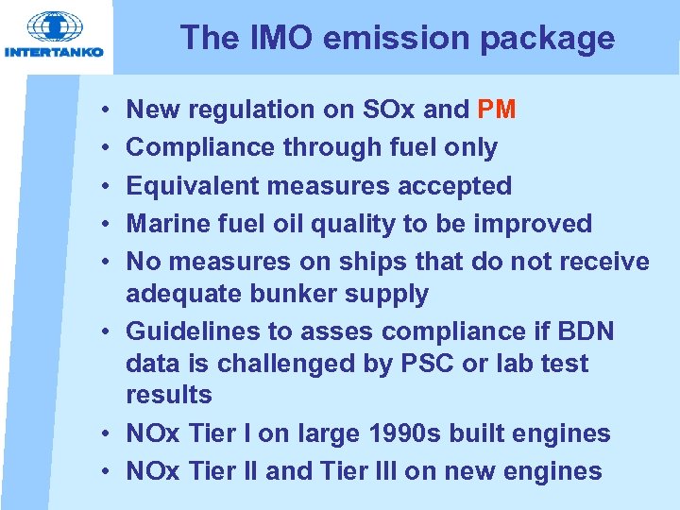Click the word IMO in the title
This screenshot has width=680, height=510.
tap(268, 38)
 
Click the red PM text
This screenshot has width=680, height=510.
tap(497, 110)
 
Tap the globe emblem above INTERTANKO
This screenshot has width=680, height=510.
tap(55, 26)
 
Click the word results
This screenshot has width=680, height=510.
tap(169, 395)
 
